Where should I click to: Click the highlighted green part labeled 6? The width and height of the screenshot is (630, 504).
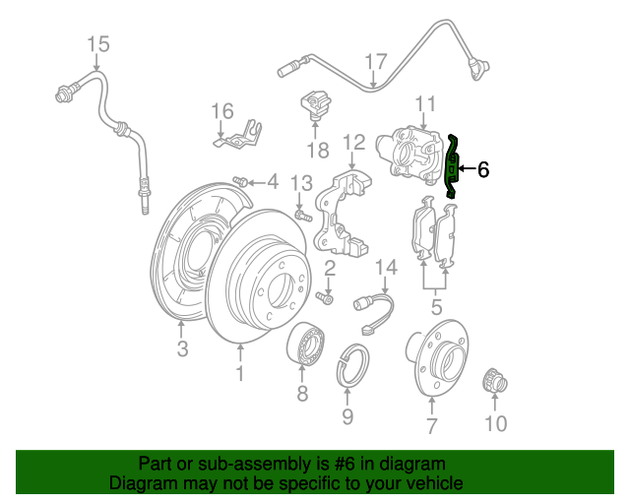click(452, 166)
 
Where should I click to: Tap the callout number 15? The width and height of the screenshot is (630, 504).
click(98, 44)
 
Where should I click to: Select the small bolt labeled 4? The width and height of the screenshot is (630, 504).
click(240, 181)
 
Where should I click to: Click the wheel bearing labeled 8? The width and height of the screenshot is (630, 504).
click(306, 345)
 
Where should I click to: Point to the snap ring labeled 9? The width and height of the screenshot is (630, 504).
click(352, 364)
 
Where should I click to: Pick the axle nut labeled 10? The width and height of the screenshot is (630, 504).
click(494, 381)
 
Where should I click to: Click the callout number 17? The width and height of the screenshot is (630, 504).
click(376, 62)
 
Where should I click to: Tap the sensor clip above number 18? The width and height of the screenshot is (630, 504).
click(316, 105)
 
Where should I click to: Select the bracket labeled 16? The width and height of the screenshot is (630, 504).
click(237, 134)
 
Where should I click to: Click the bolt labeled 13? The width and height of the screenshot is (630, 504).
click(303, 215)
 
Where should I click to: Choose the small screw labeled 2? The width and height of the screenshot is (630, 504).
click(325, 297)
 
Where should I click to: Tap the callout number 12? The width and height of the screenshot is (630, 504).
click(354, 142)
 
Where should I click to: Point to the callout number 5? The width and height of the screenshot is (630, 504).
click(436, 307)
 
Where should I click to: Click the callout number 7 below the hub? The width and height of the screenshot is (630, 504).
click(431, 425)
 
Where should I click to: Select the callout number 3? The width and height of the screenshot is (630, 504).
click(182, 348)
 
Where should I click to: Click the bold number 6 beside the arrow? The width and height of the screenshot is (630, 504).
click(483, 169)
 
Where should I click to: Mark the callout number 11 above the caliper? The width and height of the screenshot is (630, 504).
click(425, 103)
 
